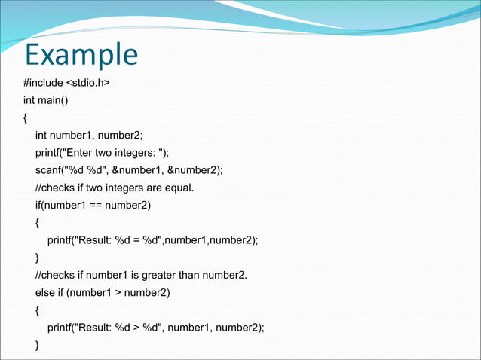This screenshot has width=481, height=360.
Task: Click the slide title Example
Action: click(x=81, y=55)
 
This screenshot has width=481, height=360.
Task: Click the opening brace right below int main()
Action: click(x=25, y=117)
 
